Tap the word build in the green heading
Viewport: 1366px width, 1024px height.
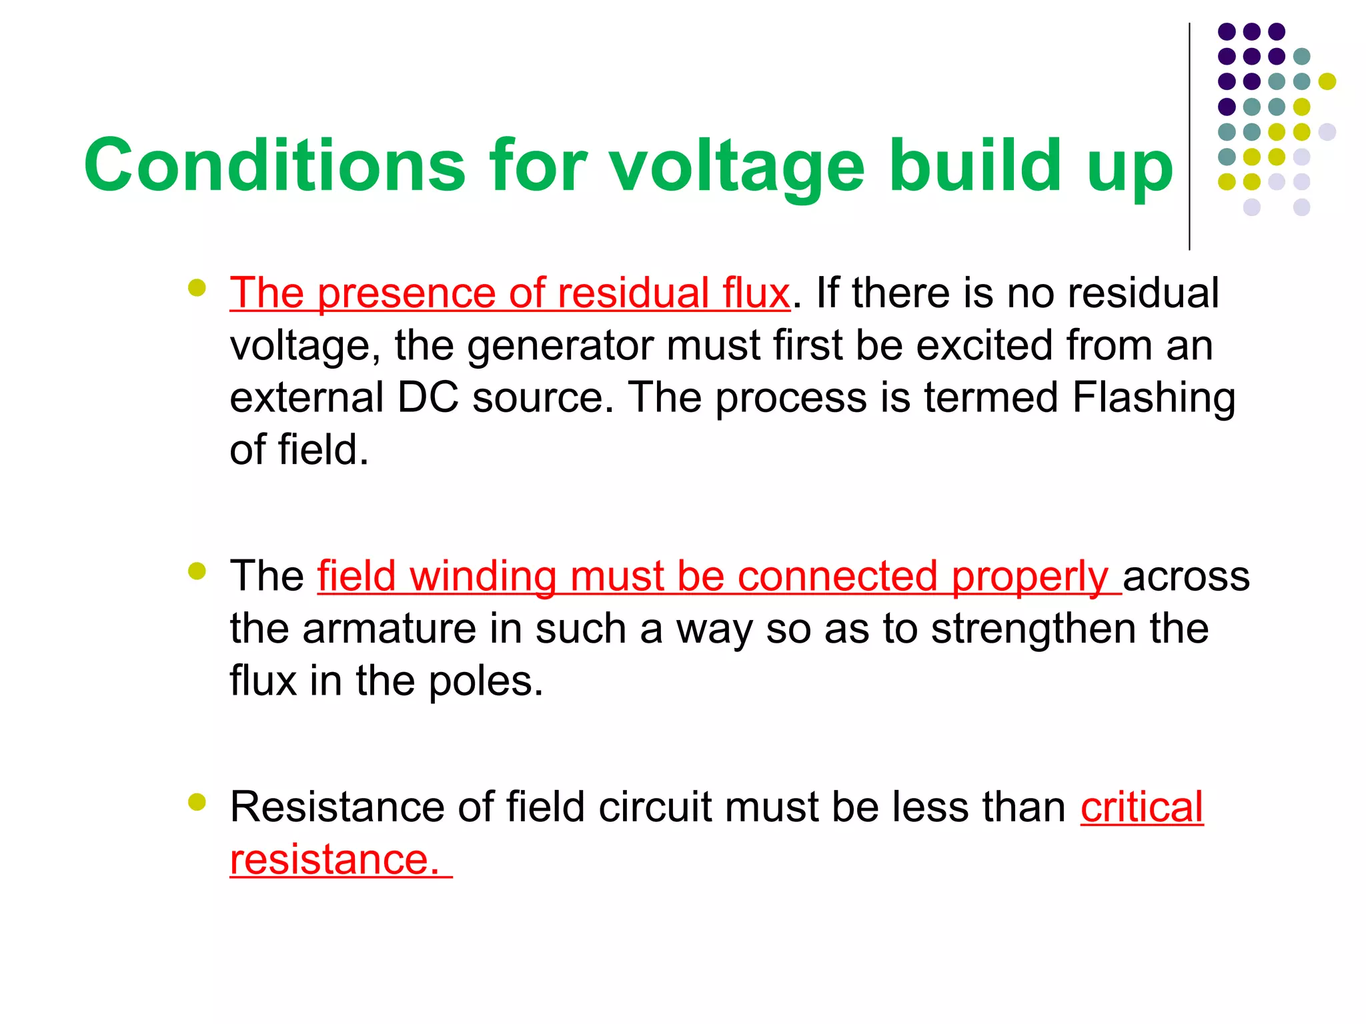[x=974, y=165]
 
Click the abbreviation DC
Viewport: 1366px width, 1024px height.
[x=428, y=397]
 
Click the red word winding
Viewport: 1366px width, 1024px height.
[x=483, y=576]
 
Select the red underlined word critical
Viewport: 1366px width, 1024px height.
[x=1142, y=807]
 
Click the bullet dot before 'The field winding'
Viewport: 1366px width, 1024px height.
[x=197, y=571]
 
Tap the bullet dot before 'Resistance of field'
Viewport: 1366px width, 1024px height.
[x=197, y=801]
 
